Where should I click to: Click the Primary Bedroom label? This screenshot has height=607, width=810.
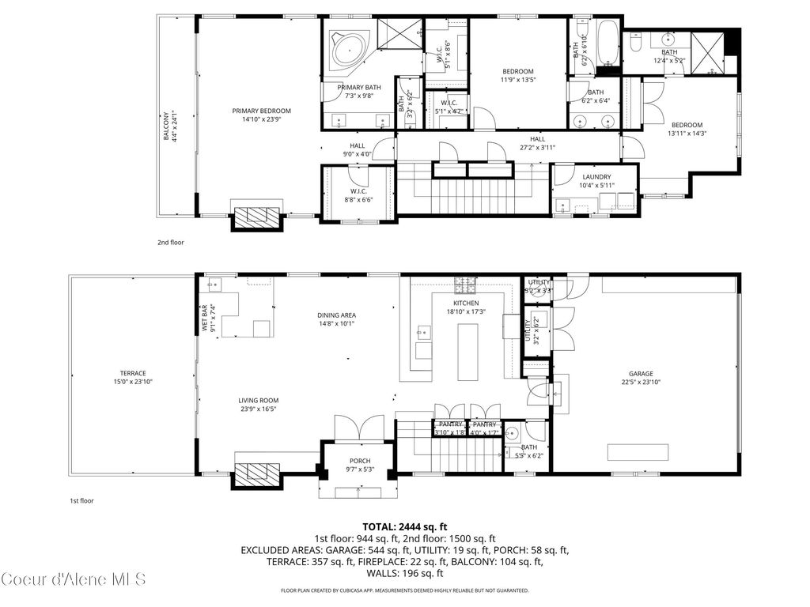coord(261,111)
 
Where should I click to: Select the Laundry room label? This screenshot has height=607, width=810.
coord(596,177)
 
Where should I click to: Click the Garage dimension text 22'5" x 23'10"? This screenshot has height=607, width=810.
coord(642,382)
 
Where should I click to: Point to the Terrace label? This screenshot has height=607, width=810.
coord(133,373)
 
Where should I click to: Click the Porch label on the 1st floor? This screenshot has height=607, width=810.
coord(360,461)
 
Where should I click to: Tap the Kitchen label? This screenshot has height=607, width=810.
coord(466,303)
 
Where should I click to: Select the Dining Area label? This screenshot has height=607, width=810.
coord(336,315)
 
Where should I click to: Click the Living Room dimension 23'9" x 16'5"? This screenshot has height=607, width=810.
coord(259,409)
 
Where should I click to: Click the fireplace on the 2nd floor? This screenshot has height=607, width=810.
coord(256,216)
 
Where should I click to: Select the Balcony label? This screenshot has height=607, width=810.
coord(166,126)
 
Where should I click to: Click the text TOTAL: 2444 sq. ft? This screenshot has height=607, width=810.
coord(405,526)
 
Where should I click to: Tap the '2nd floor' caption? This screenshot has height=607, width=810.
coord(171,243)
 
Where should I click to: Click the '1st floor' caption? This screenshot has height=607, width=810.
coord(82,500)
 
